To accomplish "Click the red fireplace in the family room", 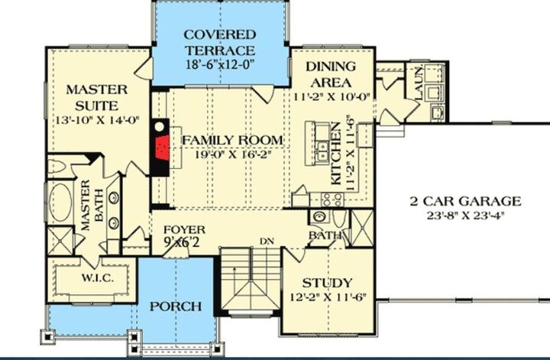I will pyautogui.click(x=161, y=145).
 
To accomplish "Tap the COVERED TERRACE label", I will pyautogui.click(x=218, y=43).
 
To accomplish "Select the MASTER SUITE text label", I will pyautogui.click(x=96, y=97).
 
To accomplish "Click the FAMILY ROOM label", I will pyautogui.click(x=231, y=141).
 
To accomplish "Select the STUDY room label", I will pyautogui.click(x=326, y=282).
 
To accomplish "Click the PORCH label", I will pyautogui.click(x=175, y=306).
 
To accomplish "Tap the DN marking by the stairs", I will pyautogui.click(x=267, y=242).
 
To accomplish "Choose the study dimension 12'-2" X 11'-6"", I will pyautogui.click(x=326, y=297).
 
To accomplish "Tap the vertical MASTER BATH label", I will pyautogui.click(x=86, y=206).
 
